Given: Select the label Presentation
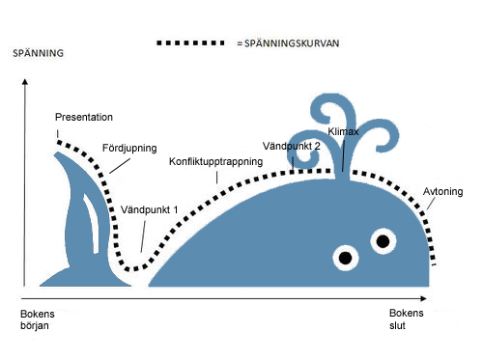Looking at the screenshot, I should pos(84,117).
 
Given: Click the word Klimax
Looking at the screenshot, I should pos(344,130).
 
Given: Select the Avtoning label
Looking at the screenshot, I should pos(443,192).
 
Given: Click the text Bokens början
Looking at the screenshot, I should pos(37,319).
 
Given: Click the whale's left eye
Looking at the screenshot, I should pos(345,257).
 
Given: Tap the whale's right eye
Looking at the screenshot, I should pos(383,240).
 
